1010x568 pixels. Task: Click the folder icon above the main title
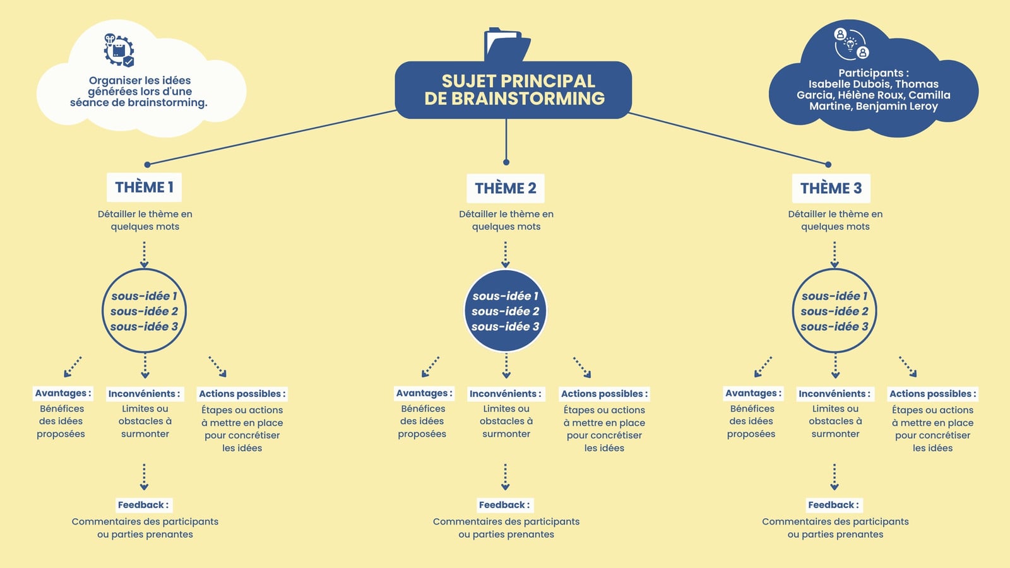click(507, 44)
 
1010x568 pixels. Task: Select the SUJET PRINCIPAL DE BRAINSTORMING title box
click(513, 90)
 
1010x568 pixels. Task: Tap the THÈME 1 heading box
click(145, 187)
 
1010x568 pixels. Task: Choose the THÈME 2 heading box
click(506, 188)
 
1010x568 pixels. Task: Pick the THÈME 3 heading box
click(831, 188)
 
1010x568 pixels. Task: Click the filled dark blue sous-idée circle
click(506, 311)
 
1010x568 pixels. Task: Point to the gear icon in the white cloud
click(119, 50)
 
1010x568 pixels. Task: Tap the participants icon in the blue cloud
click(851, 44)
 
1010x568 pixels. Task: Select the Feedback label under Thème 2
click(505, 505)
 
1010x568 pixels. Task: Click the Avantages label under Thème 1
click(63, 393)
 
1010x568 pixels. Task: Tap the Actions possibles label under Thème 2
click(604, 394)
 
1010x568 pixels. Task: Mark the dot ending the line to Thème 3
click(828, 165)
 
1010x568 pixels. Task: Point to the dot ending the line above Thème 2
click(506, 162)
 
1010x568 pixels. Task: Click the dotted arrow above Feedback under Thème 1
click(145, 477)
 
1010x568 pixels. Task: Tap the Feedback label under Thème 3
click(834, 505)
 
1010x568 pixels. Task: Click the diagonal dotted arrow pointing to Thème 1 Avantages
click(73, 367)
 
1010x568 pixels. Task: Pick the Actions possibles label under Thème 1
click(242, 394)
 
